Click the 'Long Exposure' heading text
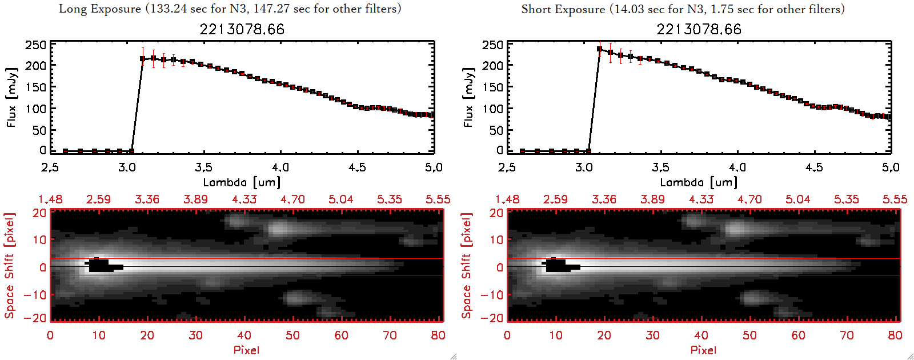coord(100,9)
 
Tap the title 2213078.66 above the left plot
coord(242,29)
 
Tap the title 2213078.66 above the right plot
coord(699,29)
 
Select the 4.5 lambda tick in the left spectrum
coord(357,167)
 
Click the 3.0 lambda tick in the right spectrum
coord(584,167)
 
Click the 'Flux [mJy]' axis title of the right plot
coord(468,98)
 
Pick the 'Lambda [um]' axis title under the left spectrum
coord(242,182)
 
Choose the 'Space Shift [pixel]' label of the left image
coord(10,266)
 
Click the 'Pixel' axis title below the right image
coord(703,350)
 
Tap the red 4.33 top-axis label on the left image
coord(244,199)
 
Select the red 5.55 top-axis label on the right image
coord(895,199)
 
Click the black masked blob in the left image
coord(100,266)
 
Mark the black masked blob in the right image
coord(557,266)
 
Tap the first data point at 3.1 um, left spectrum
coord(143,58)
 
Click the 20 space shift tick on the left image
coord(39,213)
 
